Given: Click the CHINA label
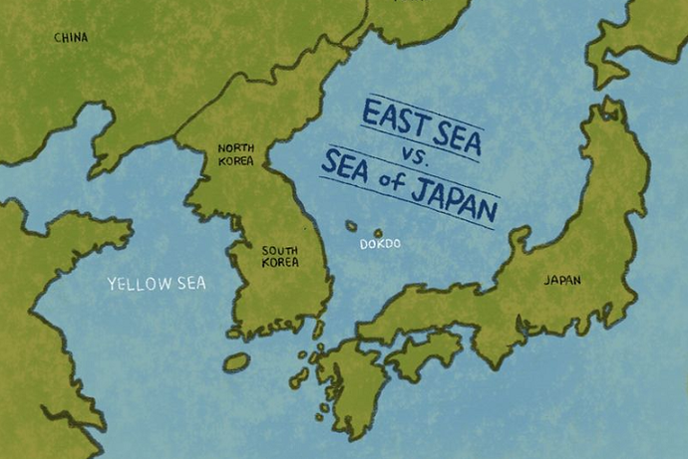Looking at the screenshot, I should click(70, 38).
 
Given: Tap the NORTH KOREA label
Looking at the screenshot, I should click(235, 154).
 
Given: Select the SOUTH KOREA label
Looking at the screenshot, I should click(279, 257).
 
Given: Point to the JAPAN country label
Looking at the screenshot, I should click(561, 281).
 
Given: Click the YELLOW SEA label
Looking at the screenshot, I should click(157, 284).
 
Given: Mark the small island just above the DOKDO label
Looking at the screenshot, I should click(378, 233).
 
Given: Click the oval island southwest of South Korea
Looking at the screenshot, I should click(236, 362).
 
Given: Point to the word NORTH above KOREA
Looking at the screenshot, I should click(235, 148).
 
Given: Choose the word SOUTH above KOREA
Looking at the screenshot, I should click(279, 250).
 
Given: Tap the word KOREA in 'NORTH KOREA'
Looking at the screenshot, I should click(235, 160).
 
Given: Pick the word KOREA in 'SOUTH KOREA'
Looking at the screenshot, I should click(279, 263).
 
